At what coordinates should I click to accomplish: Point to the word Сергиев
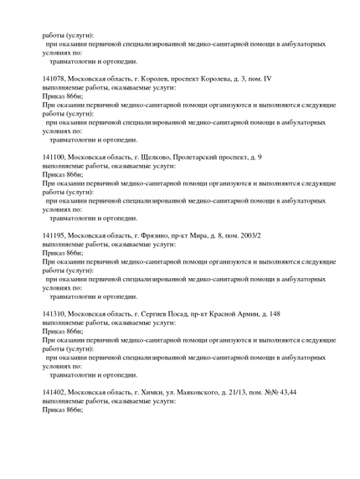pos(157,313)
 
